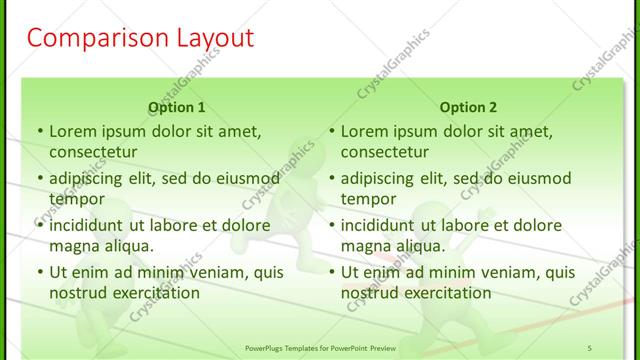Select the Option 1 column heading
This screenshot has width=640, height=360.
click(177, 107)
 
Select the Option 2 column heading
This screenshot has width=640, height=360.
click(469, 107)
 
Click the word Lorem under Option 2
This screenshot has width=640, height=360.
click(364, 131)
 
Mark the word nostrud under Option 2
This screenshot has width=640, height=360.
click(370, 293)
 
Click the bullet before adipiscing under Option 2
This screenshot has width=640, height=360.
click(330, 179)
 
